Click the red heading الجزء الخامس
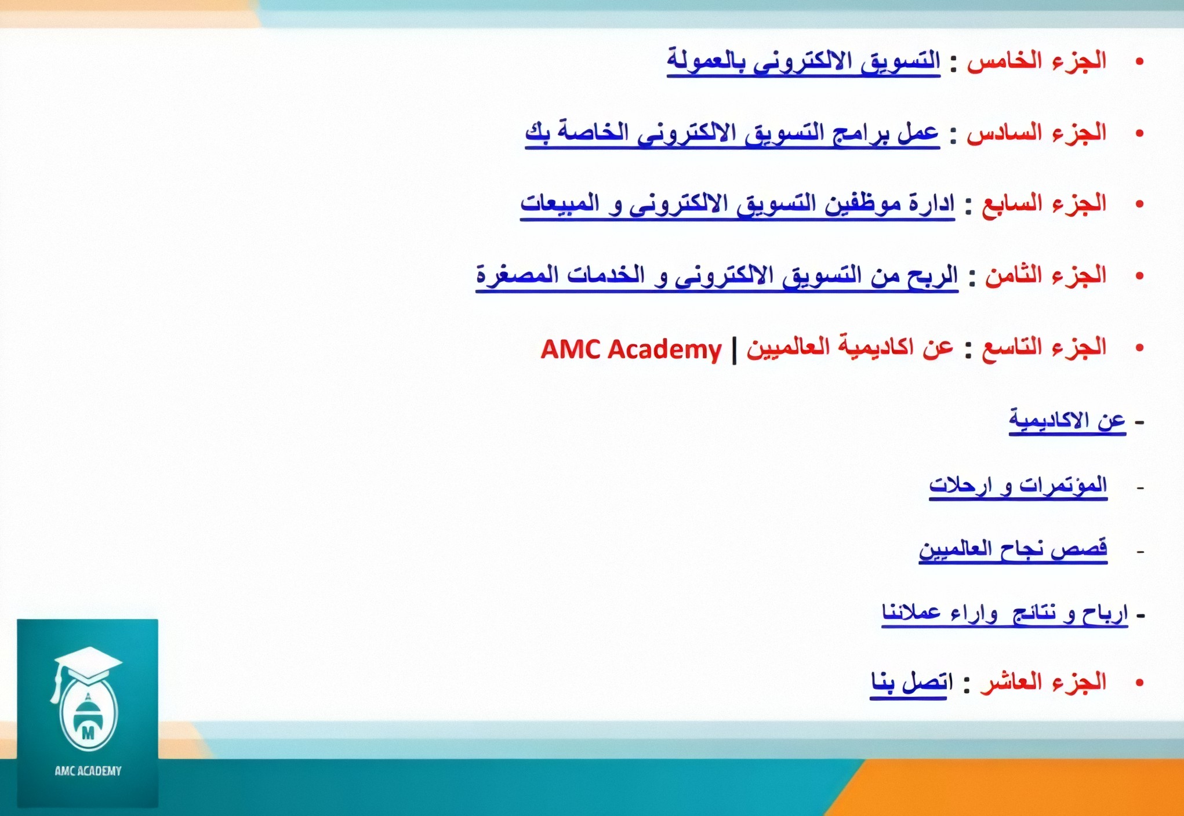point(1037,61)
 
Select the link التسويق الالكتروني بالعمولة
point(804,61)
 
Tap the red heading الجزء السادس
point(1037,133)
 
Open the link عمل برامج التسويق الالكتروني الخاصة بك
point(732,133)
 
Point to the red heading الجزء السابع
point(1044,204)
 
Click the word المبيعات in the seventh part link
point(560,203)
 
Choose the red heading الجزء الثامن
point(1046,275)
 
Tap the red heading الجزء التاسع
point(1044,347)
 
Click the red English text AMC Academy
point(631,349)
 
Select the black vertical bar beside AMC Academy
point(735,349)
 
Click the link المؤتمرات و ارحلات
point(1018,485)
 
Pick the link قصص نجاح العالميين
point(1013,549)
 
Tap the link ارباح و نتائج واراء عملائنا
point(1005,614)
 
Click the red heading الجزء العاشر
point(1044,682)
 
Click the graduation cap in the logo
point(88,666)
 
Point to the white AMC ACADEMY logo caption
point(88,771)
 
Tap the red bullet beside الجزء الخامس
point(1139,61)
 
